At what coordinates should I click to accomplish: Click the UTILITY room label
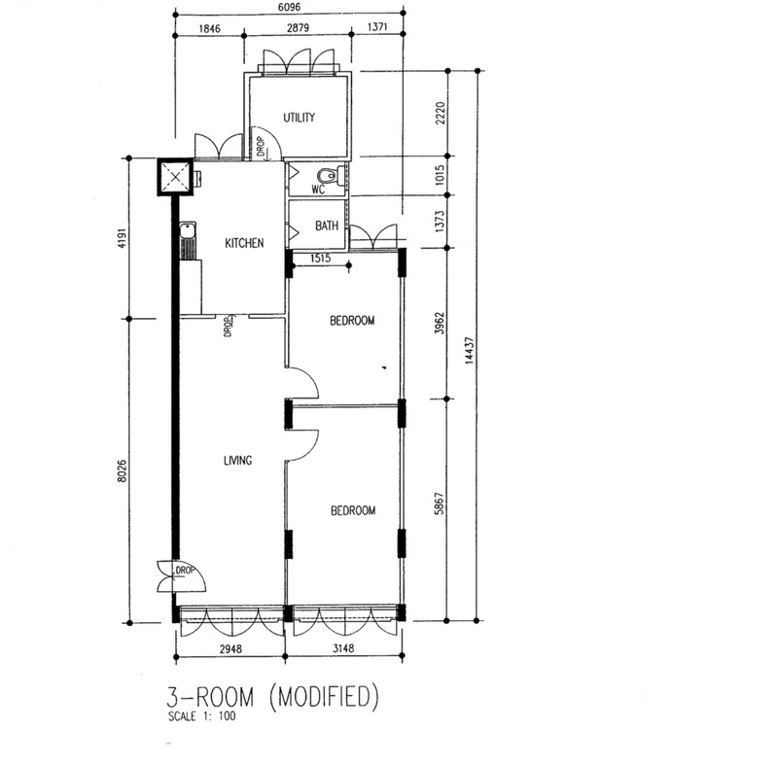click(299, 118)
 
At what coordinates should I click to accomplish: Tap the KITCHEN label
click(244, 243)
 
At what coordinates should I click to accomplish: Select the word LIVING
click(237, 461)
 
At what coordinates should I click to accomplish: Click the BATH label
click(327, 226)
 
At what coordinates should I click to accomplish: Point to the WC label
click(318, 190)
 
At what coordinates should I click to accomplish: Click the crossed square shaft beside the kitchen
click(175, 177)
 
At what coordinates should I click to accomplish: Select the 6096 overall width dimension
click(289, 7)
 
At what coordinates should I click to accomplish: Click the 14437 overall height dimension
click(469, 351)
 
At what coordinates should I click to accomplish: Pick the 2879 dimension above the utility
click(298, 28)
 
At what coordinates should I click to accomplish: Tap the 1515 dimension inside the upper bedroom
click(320, 259)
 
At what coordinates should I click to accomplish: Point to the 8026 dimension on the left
click(122, 471)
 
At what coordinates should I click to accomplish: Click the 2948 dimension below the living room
click(230, 648)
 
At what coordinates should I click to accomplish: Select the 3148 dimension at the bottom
click(343, 648)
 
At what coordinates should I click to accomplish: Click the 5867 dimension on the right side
click(440, 504)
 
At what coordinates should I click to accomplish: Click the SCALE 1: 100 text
click(202, 716)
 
